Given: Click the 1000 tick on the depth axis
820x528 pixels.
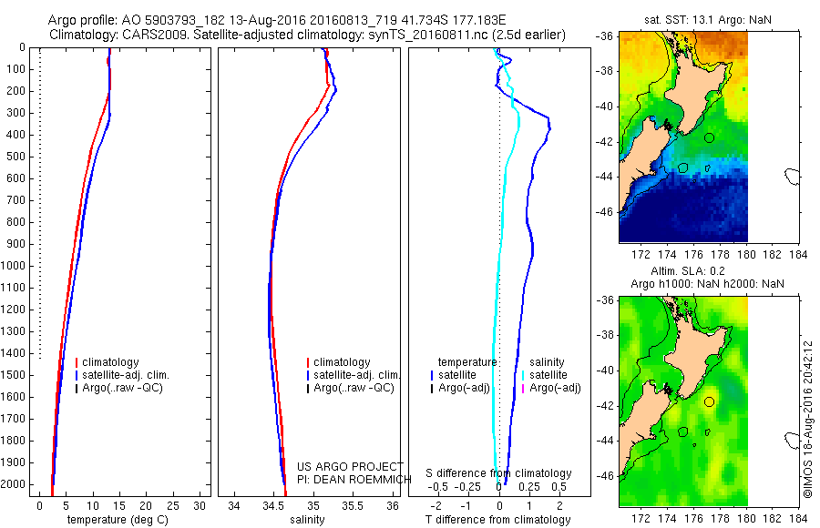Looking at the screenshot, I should (15, 266).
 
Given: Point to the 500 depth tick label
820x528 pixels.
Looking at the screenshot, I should (15, 157).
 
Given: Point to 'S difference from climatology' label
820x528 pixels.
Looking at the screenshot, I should (499, 473).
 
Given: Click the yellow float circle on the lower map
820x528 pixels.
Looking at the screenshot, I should (709, 401).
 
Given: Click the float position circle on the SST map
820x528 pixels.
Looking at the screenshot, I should (709, 137).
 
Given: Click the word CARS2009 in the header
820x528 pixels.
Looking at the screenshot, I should (151, 35).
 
